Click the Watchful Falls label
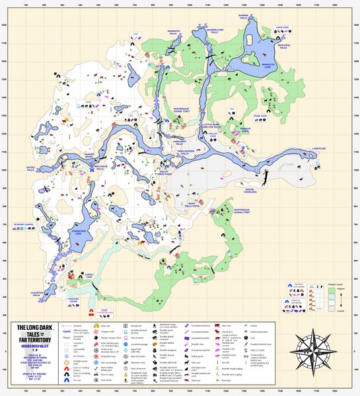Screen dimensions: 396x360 tap(284, 46)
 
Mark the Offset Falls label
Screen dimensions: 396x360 tap(30, 169)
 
